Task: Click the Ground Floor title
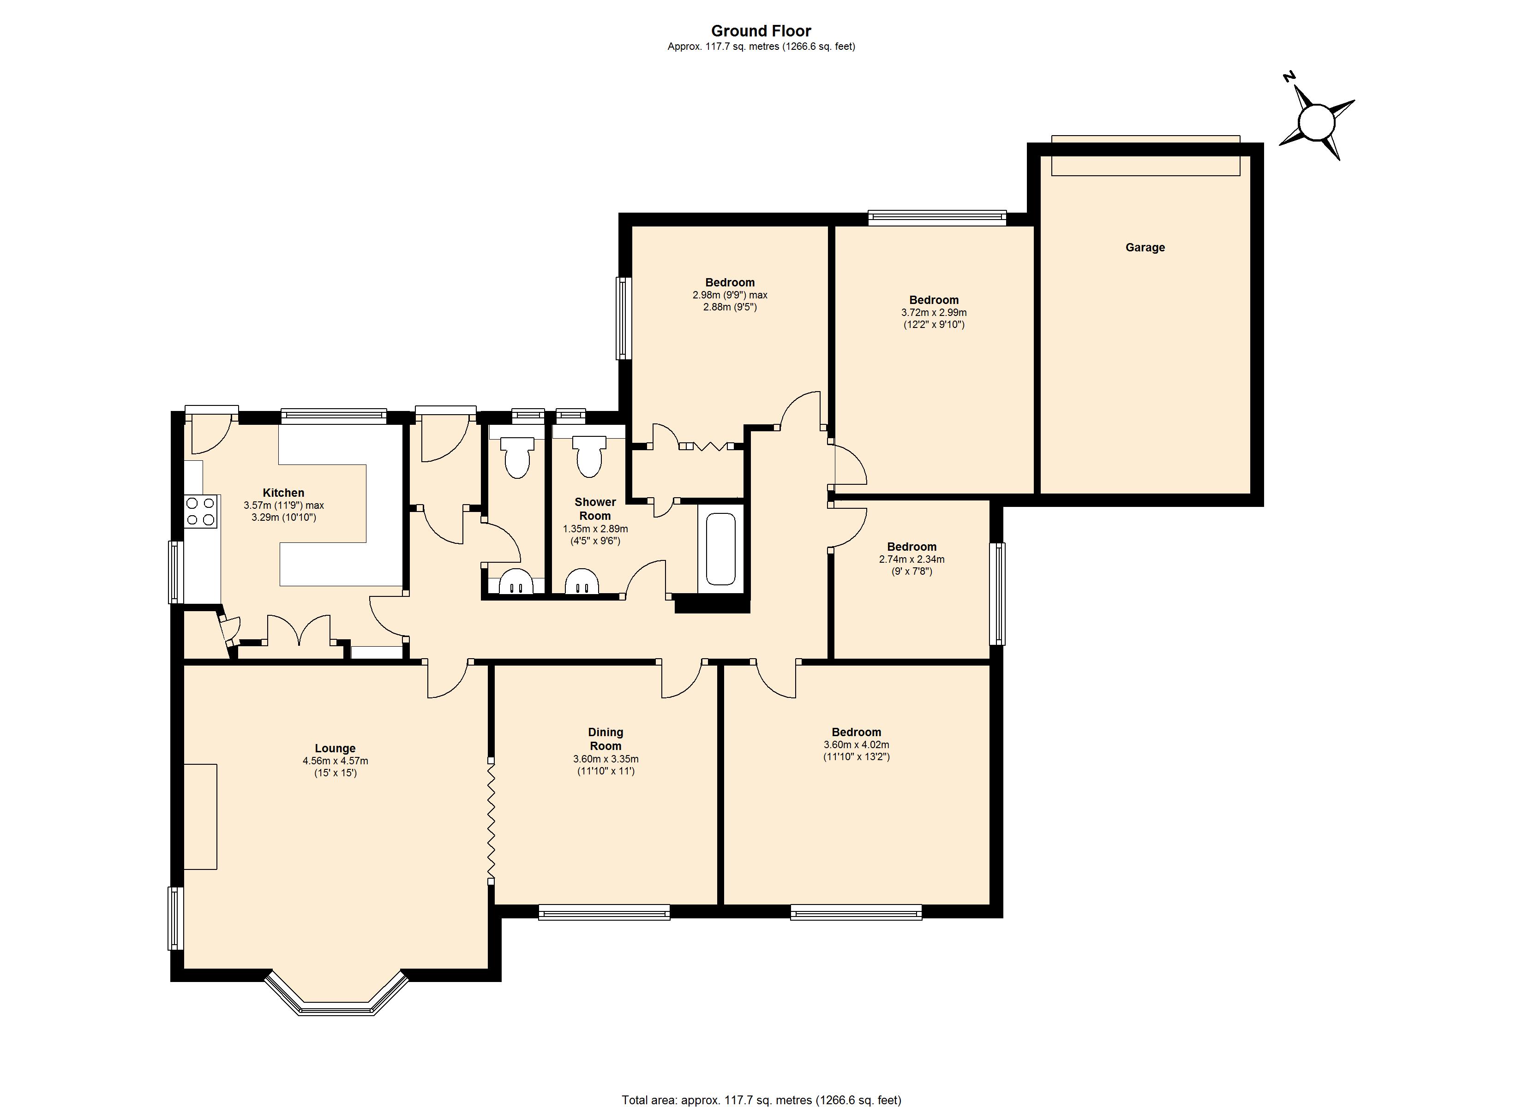761,31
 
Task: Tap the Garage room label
1145,247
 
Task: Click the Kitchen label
283,493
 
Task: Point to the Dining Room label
606,738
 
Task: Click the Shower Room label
595,509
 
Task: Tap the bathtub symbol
721,548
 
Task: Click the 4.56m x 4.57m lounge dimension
335,761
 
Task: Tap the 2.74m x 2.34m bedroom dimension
911,559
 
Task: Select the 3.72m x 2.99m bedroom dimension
933,313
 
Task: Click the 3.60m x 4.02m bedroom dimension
856,744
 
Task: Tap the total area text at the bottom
761,1100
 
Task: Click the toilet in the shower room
589,457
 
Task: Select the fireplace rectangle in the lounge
200,816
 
